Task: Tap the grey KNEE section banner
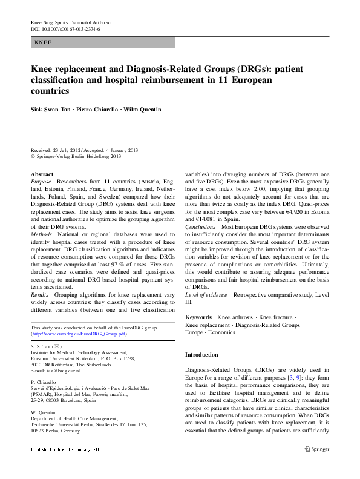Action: pos(102,43)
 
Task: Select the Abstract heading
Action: pos(42,174)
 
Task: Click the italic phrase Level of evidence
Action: pos(206,294)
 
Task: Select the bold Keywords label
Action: pos(198,317)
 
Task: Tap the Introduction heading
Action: pos(201,355)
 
